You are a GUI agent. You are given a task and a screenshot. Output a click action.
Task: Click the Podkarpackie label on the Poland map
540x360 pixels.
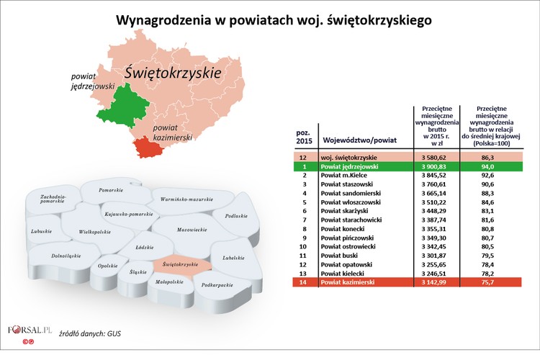[x=217, y=285]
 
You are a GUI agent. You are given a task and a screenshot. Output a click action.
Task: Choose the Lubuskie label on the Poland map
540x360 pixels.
[x=42, y=231]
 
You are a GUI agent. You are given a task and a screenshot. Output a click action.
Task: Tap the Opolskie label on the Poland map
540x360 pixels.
[x=107, y=266]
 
